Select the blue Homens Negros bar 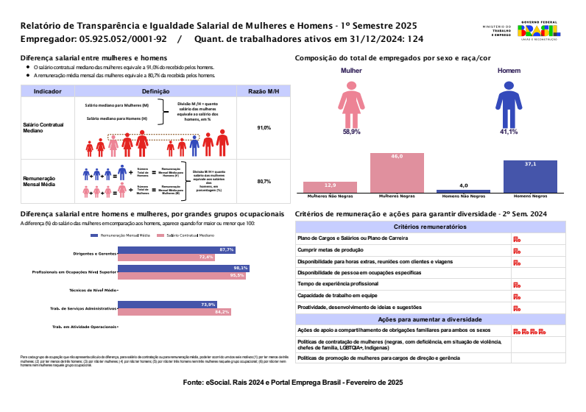tap(530, 177)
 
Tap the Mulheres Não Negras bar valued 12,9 tap(330, 187)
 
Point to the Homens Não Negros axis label tap(463, 196)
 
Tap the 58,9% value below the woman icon tap(351, 132)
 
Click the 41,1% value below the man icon tap(509, 132)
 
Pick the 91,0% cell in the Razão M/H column tap(264, 128)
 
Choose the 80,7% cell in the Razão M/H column tap(264, 181)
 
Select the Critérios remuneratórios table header tap(429, 227)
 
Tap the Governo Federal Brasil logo tap(538, 32)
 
